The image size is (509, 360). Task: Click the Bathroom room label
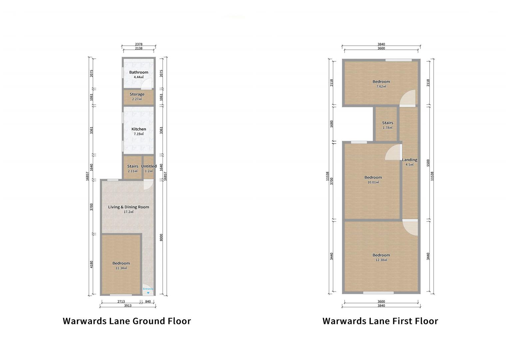click(139, 72)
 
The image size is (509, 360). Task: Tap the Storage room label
click(137, 94)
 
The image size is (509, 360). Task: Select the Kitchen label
click(139, 129)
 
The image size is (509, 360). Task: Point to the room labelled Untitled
click(149, 166)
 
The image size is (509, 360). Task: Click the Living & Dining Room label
click(129, 207)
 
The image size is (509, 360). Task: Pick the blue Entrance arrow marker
click(148, 293)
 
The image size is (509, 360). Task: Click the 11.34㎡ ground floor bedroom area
click(121, 268)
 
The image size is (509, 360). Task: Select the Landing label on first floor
click(409, 160)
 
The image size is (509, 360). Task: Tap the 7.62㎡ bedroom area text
click(381, 86)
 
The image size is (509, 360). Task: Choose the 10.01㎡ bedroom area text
click(373, 182)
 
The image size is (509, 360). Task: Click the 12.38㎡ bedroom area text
click(381, 260)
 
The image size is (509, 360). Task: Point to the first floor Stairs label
click(387, 123)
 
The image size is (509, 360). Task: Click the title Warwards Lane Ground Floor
click(127, 321)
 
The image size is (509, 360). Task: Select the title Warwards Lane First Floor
click(380, 321)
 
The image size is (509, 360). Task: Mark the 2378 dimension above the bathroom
click(139, 44)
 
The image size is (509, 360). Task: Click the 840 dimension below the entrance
click(148, 302)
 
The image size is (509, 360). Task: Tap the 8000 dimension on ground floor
click(161, 237)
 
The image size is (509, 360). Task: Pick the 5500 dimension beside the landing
click(428, 163)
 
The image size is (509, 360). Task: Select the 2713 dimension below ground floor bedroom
click(121, 302)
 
